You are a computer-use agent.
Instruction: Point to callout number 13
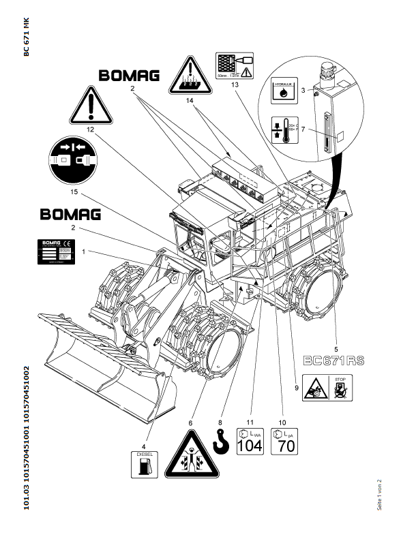(x=235, y=84)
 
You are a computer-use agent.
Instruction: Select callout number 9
(x=297, y=388)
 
